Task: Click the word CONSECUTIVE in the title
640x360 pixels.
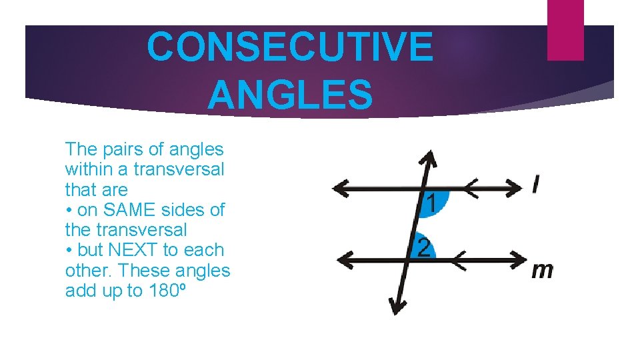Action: (289, 47)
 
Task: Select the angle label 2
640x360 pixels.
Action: (423, 247)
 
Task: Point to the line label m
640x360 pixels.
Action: (543, 271)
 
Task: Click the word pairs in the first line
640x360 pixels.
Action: (113, 149)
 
